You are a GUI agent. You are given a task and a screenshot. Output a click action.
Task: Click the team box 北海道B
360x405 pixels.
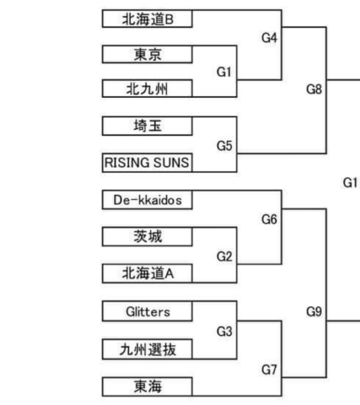147,19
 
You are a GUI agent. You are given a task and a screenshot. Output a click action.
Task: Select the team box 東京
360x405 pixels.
147,54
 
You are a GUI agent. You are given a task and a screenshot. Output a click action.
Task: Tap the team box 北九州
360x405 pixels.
147,88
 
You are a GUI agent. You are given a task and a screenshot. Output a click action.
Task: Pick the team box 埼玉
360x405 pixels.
147,126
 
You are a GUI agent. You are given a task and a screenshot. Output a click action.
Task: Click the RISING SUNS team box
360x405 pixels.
147,163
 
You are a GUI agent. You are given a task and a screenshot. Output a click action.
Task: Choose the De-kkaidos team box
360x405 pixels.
147,200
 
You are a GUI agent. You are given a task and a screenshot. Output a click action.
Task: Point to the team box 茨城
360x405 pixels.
147,237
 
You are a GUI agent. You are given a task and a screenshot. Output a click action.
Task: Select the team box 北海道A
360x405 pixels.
147,273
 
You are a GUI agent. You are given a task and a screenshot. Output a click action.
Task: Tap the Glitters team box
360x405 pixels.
147,311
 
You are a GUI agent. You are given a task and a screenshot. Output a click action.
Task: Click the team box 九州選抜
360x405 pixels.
147,350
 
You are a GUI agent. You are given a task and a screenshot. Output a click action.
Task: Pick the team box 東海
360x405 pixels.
147,387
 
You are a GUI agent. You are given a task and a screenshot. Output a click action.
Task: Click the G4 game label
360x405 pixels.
269,38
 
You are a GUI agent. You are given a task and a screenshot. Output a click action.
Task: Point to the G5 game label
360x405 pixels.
224,146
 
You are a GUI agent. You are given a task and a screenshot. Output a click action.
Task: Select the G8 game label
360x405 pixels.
314,89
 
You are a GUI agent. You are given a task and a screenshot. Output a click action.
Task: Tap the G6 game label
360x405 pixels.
269,219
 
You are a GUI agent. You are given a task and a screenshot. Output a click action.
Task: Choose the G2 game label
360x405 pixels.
224,256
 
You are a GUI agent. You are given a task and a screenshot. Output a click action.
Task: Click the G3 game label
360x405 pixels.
224,331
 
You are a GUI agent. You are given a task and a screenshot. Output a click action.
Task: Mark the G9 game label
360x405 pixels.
314,311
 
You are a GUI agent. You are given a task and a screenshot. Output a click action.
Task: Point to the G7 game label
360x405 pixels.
269,370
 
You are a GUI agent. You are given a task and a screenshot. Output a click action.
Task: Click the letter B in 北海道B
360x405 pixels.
169,20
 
